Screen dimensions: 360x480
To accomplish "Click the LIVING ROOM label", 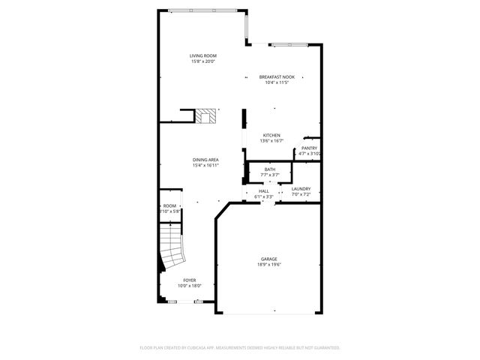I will click(x=202, y=56).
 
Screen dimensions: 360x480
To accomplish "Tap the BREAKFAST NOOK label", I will click(x=277, y=77).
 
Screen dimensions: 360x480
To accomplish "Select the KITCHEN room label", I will click(x=271, y=136).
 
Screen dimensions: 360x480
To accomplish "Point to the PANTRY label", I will click(x=309, y=148).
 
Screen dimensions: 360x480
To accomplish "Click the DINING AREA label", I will click(x=205, y=160).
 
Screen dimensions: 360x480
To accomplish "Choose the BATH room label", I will click(x=269, y=169).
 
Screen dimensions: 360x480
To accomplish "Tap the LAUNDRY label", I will click(x=301, y=189).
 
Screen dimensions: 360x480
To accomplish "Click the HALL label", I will click(x=264, y=191).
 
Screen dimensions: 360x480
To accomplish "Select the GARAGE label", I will click(x=269, y=259).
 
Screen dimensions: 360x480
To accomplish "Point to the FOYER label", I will click(x=190, y=280).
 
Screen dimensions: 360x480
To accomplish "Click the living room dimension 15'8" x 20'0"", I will click(x=202, y=61).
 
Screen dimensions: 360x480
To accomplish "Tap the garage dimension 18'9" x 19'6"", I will click(x=269, y=265).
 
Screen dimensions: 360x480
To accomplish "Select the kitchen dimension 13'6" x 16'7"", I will click(x=271, y=141).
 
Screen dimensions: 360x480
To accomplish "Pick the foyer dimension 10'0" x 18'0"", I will click(x=190, y=285).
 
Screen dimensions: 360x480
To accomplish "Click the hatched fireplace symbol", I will click(x=206, y=116).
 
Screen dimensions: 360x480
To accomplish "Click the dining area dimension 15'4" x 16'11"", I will click(x=205, y=165).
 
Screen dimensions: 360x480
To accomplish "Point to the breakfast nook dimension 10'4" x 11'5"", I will click(x=277, y=82).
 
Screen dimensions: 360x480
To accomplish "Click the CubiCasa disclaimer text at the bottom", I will click(x=240, y=348).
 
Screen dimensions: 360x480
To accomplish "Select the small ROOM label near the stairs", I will click(x=170, y=205).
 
